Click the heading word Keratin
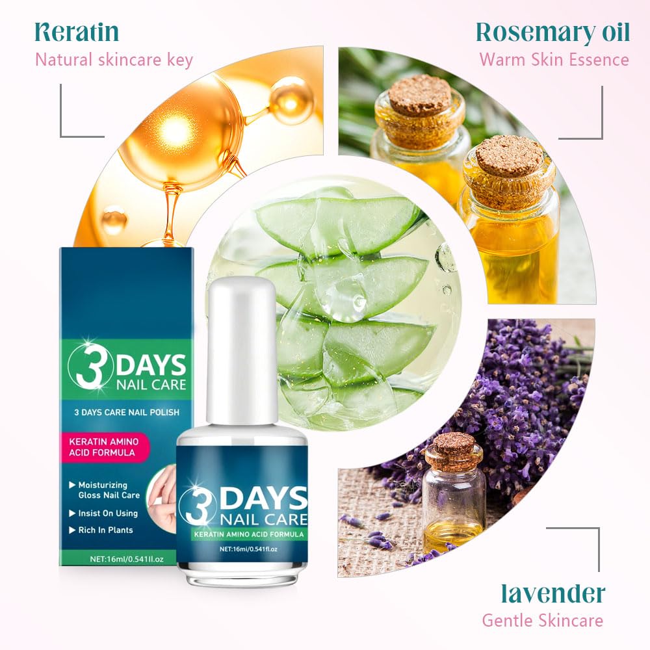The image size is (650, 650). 77,31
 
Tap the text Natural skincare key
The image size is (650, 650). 114,60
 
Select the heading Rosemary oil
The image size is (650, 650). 552,31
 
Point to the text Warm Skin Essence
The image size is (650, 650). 554,60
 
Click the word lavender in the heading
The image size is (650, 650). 553,593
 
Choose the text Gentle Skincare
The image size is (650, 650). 542,620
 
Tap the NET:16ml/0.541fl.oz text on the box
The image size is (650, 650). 117,558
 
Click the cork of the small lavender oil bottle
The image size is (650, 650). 454,444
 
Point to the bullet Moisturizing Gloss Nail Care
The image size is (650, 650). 104,490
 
